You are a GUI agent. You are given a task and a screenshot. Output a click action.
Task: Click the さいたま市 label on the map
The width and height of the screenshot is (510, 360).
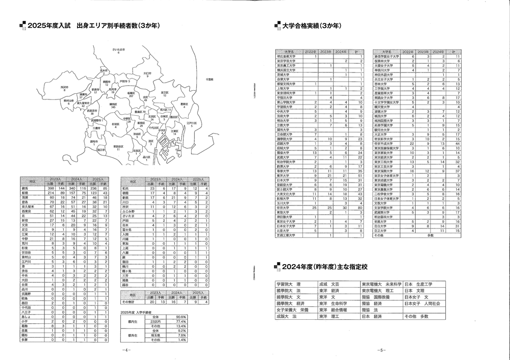[x=118, y=49]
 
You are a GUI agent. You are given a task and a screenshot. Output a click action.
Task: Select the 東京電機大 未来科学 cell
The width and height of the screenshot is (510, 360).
[x=381, y=284]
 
